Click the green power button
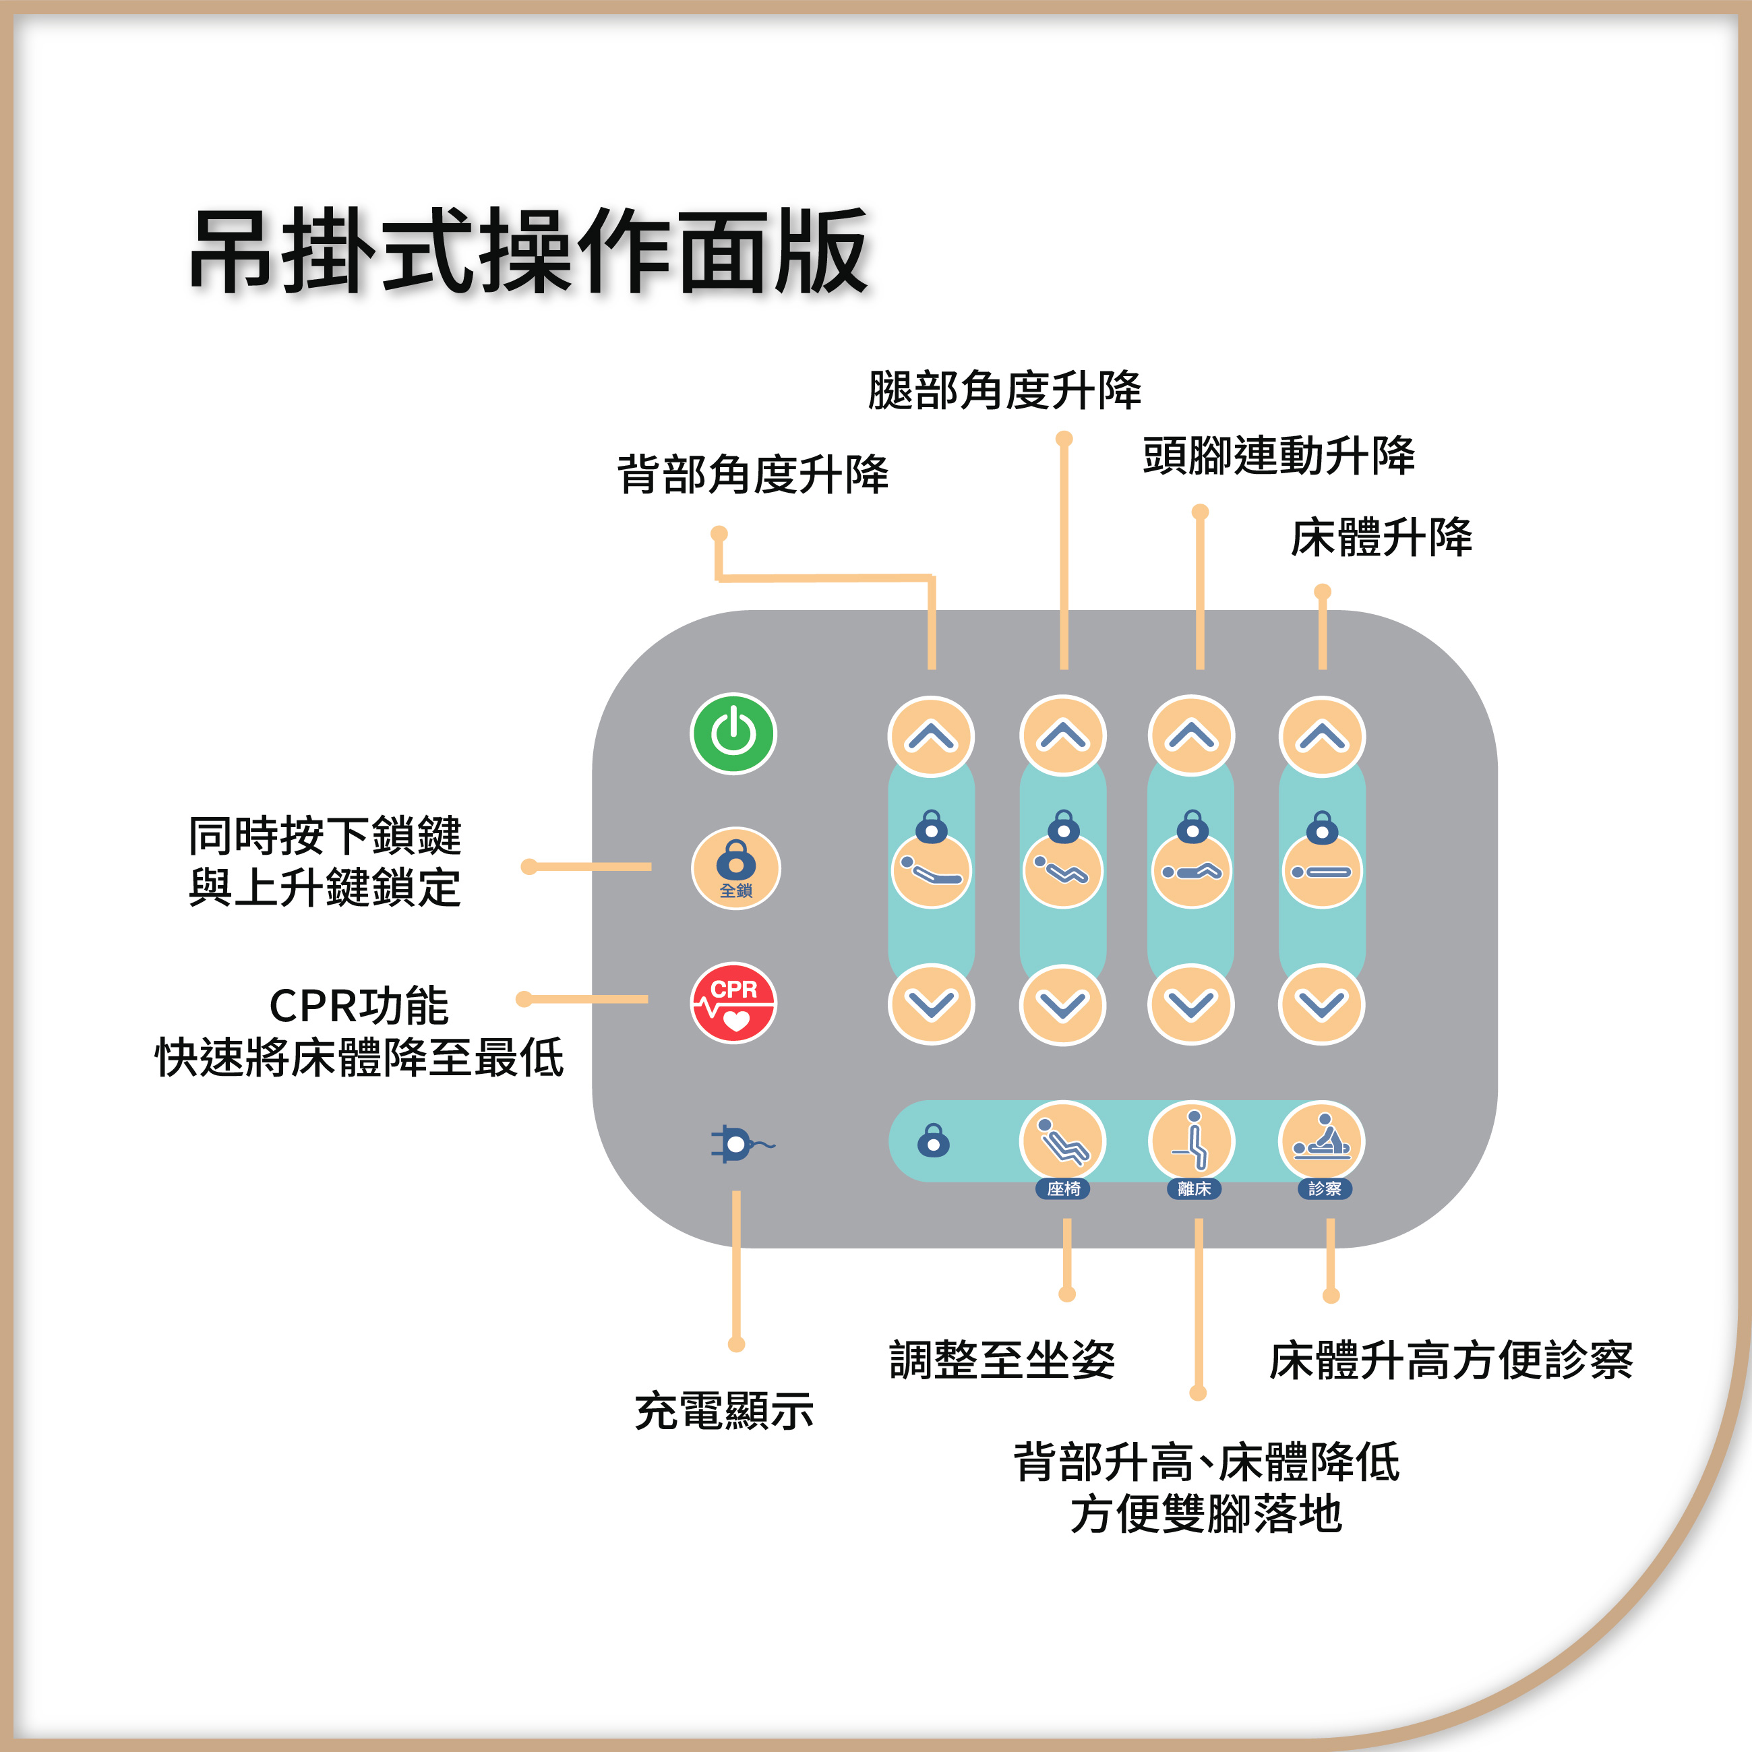pyautogui.click(x=733, y=733)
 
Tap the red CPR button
pyautogui.click(x=733, y=1003)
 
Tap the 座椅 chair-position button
pyautogui.click(x=1063, y=1143)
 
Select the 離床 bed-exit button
pyautogui.click(x=1192, y=1143)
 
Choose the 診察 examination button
pyautogui.click(x=1321, y=1143)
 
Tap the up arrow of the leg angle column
pyautogui.click(x=1063, y=736)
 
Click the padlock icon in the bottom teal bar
pyautogui.click(x=933, y=1141)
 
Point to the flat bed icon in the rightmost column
pyautogui.click(x=1321, y=870)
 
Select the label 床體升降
pyautogui.click(x=1381, y=538)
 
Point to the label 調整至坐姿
pyautogui.click(x=1002, y=1360)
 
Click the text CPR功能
pyautogui.click(x=359, y=1006)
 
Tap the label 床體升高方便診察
pyautogui.click(x=1451, y=1360)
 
